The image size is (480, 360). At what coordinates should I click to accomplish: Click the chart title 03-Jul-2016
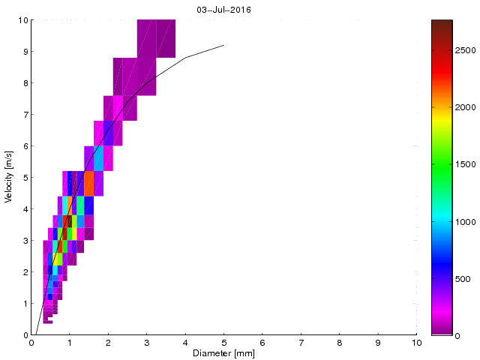[x=223, y=10]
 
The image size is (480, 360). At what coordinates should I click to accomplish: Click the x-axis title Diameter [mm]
[x=223, y=353]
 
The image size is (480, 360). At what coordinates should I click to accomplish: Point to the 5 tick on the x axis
[x=223, y=343]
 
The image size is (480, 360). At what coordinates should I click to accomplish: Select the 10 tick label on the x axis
[x=416, y=343]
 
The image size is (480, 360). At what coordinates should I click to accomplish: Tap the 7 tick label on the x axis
[x=301, y=343]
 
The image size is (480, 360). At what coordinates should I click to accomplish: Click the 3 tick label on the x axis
[x=146, y=343]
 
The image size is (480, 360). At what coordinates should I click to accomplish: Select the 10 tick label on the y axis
[x=22, y=20]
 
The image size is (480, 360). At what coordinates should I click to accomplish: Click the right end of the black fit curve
[x=223, y=45]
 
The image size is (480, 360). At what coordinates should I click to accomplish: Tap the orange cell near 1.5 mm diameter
[x=88, y=183]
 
